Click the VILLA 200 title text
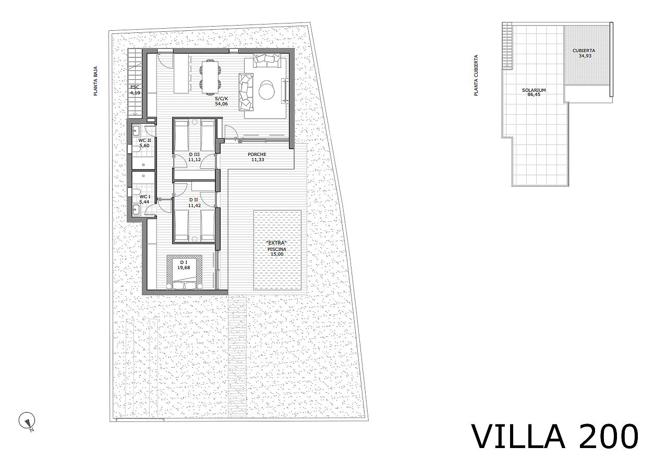point(555,436)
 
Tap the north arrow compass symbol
point(27,421)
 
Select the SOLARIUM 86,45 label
point(534,92)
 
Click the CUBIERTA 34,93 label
point(584,53)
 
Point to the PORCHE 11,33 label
point(257,157)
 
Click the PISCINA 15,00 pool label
point(277,251)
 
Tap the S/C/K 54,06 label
point(222,101)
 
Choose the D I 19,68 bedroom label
point(184,265)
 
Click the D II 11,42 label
point(194,203)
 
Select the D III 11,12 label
point(194,157)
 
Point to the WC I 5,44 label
point(145,199)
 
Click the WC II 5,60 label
point(144,143)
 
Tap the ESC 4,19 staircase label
point(135,90)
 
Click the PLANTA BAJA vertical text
point(95,81)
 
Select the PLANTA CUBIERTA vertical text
point(476,75)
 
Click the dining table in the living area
point(210,77)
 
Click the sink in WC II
point(136,130)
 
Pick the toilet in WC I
point(136,192)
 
